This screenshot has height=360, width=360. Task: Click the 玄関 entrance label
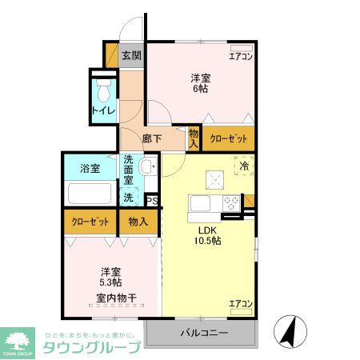click(x=132, y=56)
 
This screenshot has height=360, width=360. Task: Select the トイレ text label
click(x=103, y=110)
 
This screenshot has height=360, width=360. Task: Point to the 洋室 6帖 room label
click(x=200, y=83)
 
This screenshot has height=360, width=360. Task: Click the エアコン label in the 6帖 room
click(x=241, y=56)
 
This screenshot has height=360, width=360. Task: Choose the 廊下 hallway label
click(x=152, y=138)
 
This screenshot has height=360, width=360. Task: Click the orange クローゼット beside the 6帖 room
click(x=228, y=138)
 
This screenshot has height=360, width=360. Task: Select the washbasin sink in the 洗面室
click(x=146, y=167)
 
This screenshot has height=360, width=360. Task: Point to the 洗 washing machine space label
click(x=128, y=197)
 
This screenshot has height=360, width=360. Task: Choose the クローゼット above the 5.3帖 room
click(x=90, y=221)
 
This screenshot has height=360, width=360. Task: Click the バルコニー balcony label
click(x=203, y=333)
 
